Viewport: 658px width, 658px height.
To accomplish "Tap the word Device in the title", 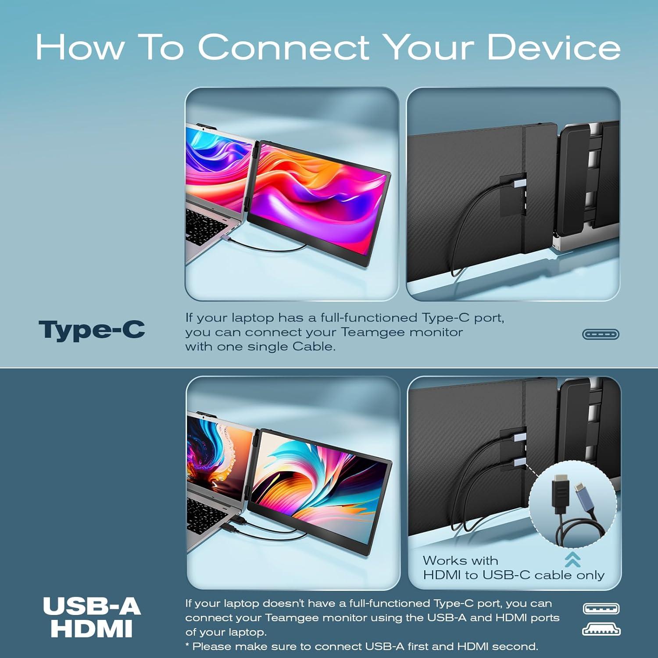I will (x=554, y=47).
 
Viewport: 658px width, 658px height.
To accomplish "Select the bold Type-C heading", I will (x=92, y=330).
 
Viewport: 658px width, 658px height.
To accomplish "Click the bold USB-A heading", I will (x=92, y=607).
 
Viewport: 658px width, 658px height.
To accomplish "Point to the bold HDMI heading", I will (x=92, y=629).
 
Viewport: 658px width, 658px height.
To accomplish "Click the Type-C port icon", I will (x=601, y=334).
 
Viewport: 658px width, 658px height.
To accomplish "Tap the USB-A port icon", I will (x=601, y=609).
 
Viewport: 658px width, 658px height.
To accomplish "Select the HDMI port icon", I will (x=601, y=630).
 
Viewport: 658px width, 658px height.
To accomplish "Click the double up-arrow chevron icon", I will (x=572, y=559).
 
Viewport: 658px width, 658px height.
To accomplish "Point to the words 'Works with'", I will (x=460, y=561).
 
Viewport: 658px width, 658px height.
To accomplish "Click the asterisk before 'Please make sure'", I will (x=187, y=645).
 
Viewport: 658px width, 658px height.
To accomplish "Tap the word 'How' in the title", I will (x=80, y=47).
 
